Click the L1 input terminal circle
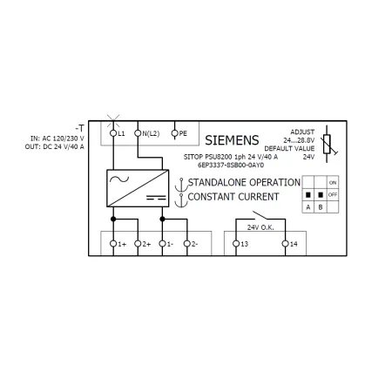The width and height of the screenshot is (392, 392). point(113,133)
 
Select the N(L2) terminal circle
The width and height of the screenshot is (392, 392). point(138,133)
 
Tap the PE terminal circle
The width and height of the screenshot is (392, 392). point(174,133)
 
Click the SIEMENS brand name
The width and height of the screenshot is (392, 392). point(232,140)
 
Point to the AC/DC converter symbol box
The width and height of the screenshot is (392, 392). point(138,188)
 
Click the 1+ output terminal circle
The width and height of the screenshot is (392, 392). point(113,244)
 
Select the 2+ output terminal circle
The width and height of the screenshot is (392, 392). point(138,244)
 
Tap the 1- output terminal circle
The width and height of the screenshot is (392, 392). point(162,244)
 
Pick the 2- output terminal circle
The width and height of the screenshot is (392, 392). point(187,244)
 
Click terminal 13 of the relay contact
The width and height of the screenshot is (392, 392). point(236,244)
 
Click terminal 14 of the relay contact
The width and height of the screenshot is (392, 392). point(286,244)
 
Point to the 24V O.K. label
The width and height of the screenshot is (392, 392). point(260,227)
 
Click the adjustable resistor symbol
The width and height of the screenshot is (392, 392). point(328,144)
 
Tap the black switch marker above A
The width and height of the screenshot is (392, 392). point(308,194)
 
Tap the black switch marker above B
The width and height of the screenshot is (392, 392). point(321,194)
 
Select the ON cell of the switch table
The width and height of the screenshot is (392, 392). point(333,182)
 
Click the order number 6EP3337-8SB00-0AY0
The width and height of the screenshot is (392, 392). point(231,166)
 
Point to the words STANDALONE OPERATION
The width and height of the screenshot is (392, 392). point(244,182)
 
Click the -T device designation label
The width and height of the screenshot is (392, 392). point(80,128)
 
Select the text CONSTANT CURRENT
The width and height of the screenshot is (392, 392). point(233,197)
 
